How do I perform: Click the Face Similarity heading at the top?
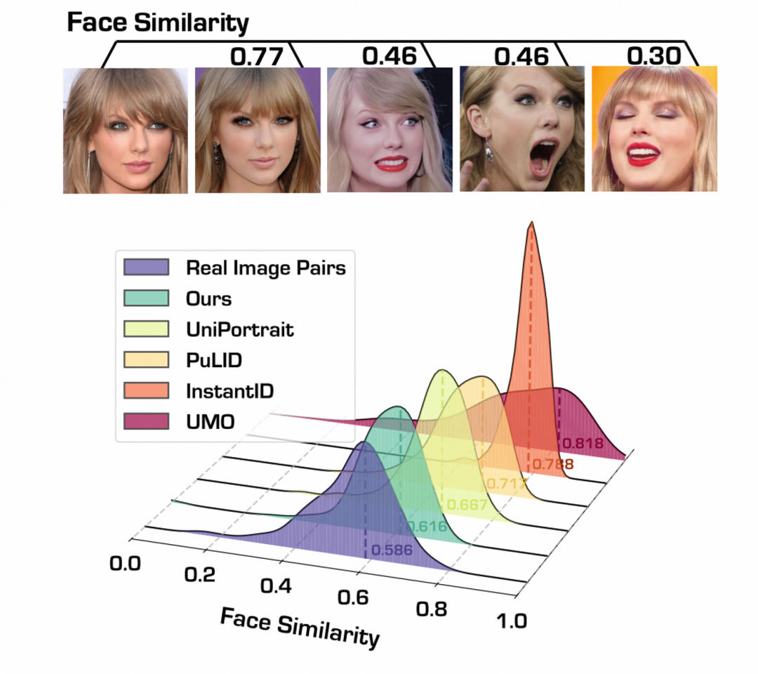pos(158,23)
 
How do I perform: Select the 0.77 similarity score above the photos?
pos(258,55)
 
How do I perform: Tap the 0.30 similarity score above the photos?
pos(653,55)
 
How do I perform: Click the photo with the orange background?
pos(654,129)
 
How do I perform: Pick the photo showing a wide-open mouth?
pos(522,129)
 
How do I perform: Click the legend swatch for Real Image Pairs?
pos(146,267)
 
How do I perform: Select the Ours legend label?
pos(208,299)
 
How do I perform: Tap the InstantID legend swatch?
pos(146,390)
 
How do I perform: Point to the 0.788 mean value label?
pos(552,463)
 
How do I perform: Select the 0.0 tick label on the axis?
pos(126,563)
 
